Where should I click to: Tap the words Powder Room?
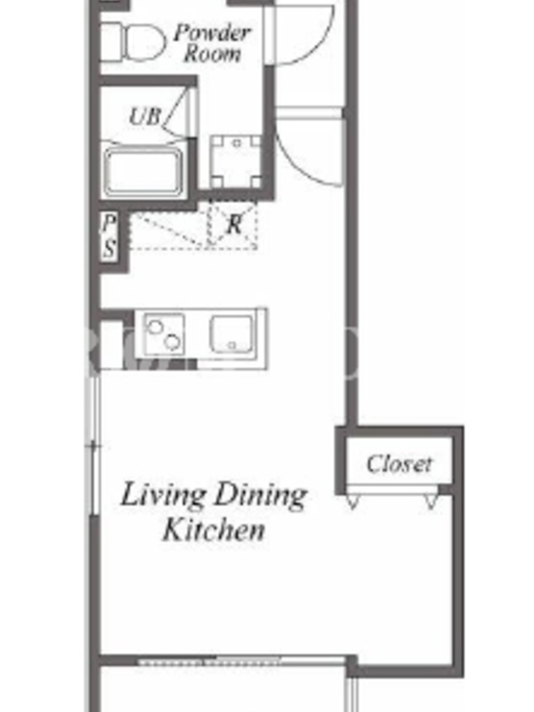(x=213, y=43)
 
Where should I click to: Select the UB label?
(x=145, y=116)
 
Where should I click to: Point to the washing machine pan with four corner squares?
(x=237, y=162)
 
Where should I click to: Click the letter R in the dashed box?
(x=234, y=224)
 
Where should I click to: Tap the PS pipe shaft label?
(x=109, y=236)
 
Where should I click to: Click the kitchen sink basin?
(x=231, y=334)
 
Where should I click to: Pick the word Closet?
(x=399, y=464)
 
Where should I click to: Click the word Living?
(x=163, y=496)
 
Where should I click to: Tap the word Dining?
(x=261, y=496)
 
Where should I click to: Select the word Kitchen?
(x=214, y=530)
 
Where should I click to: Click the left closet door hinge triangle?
(x=352, y=501)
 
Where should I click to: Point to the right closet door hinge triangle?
(x=431, y=501)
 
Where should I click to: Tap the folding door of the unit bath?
(x=181, y=111)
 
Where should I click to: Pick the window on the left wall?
(x=94, y=446)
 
